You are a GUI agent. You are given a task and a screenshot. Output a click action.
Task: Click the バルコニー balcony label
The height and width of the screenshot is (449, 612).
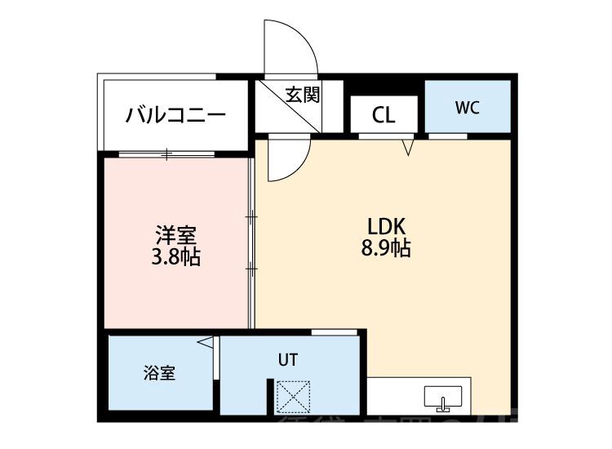click(x=175, y=115)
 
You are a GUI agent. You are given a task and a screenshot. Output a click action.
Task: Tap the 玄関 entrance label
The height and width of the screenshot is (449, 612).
click(x=301, y=94)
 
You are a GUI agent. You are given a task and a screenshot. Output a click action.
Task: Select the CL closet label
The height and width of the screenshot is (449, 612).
click(x=384, y=115)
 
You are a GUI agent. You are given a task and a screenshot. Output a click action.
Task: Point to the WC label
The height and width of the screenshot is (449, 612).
click(x=467, y=107)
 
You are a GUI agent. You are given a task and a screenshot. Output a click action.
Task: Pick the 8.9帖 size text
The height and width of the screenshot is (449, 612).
click(x=385, y=249)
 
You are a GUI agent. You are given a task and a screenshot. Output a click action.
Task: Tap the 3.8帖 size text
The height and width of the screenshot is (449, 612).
click(x=175, y=259)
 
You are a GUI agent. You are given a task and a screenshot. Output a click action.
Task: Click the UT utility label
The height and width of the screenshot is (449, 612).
click(x=289, y=358)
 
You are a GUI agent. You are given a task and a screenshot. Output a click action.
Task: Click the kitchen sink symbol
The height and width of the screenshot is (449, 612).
click(x=444, y=399)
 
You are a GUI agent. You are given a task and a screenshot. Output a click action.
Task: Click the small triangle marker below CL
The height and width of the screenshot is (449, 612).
click(x=409, y=147)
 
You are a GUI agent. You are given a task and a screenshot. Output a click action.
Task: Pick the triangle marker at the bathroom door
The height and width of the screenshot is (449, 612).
click(x=207, y=344)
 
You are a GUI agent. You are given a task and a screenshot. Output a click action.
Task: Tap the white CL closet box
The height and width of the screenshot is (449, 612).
click(x=384, y=115)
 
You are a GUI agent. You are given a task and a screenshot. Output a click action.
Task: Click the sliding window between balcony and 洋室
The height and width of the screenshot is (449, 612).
click(x=168, y=153)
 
